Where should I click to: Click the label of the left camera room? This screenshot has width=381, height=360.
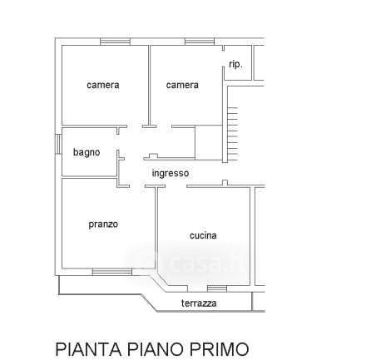(103, 85)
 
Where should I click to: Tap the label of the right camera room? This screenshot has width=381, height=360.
(182, 85)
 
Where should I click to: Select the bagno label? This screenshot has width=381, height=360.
(87, 152)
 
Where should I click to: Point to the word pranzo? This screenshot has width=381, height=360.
(103, 224)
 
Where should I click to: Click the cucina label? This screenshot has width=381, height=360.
(203, 235)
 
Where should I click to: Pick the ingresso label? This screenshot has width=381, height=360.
(171, 174)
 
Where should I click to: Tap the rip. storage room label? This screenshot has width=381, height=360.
(235, 65)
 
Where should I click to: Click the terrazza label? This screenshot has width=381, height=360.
(199, 303)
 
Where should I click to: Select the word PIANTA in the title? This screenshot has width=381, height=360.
(88, 349)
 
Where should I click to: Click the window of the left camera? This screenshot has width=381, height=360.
(115, 42)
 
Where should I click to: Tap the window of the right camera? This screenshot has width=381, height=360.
(200, 42)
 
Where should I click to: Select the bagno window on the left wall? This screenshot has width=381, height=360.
(58, 144)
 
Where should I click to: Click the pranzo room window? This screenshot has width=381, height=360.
(112, 272)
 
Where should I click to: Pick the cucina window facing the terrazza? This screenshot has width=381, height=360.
(217, 288)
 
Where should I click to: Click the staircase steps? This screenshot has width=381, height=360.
(233, 135)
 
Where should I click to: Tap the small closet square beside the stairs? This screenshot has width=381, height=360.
(209, 142)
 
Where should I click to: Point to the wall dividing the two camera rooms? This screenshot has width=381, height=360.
(149, 86)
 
